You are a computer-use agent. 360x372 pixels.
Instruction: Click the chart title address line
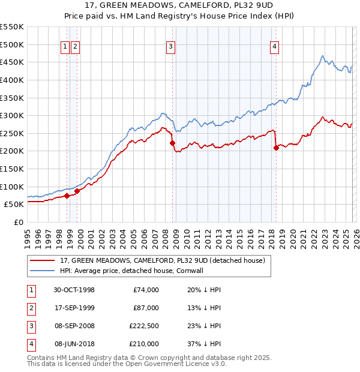click(179, 6)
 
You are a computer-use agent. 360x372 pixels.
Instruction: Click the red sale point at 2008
click(172, 143)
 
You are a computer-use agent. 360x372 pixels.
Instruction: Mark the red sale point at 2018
click(276, 148)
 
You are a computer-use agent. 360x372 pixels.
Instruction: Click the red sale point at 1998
click(67, 196)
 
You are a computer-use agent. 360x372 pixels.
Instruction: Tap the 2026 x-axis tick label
click(356, 234)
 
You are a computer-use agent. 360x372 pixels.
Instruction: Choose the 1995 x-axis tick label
click(28, 234)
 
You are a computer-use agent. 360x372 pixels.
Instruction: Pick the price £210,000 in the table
click(145, 344)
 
